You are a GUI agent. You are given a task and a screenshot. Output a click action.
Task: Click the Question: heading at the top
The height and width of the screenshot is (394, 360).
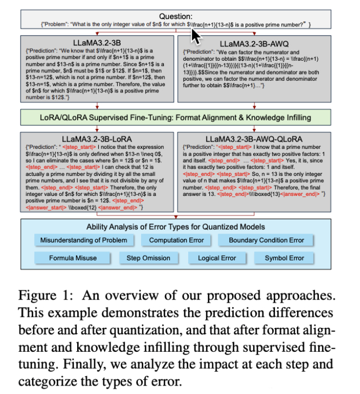(176, 16)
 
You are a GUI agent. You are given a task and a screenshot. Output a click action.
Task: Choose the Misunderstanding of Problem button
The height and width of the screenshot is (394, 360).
(84, 240)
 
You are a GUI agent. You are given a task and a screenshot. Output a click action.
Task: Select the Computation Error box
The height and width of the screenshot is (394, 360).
(176, 240)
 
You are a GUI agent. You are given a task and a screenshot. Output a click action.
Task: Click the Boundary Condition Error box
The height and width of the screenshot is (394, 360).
(266, 240)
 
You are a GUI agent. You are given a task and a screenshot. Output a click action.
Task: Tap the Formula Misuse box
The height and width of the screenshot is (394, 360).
(73, 258)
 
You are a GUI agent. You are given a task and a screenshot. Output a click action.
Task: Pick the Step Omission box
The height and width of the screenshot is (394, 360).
(148, 258)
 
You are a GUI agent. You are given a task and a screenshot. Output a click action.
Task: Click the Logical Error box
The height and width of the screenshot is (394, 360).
(217, 258)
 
